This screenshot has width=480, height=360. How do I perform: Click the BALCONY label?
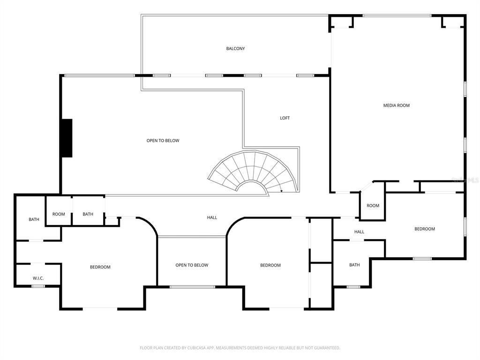tap(235, 49)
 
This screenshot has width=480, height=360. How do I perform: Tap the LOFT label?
tap(285, 118)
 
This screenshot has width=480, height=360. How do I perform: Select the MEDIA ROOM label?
tap(397, 105)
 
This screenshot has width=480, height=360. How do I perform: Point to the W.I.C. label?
tap(38, 278)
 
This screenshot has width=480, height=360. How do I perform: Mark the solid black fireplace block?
tap(67, 138)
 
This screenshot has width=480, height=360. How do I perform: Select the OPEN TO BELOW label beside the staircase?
tap(163, 141)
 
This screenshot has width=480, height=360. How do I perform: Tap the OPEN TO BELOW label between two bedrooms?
tap(192, 265)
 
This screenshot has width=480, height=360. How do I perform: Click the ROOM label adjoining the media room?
tap(373, 206)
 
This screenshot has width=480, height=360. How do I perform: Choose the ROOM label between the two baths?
tap(59, 214)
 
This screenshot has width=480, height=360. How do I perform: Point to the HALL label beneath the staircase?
tap(212, 217)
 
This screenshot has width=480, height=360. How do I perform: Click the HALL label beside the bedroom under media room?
tap(359, 232)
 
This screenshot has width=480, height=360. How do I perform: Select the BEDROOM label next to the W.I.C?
tap(100, 267)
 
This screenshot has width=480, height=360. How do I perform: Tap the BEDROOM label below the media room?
tap(425, 229)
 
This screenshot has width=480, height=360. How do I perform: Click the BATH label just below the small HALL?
tap(354, 265)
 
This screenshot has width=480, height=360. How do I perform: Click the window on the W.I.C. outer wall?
tap(38, 286)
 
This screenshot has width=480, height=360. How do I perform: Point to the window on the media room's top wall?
tap(397, 16)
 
